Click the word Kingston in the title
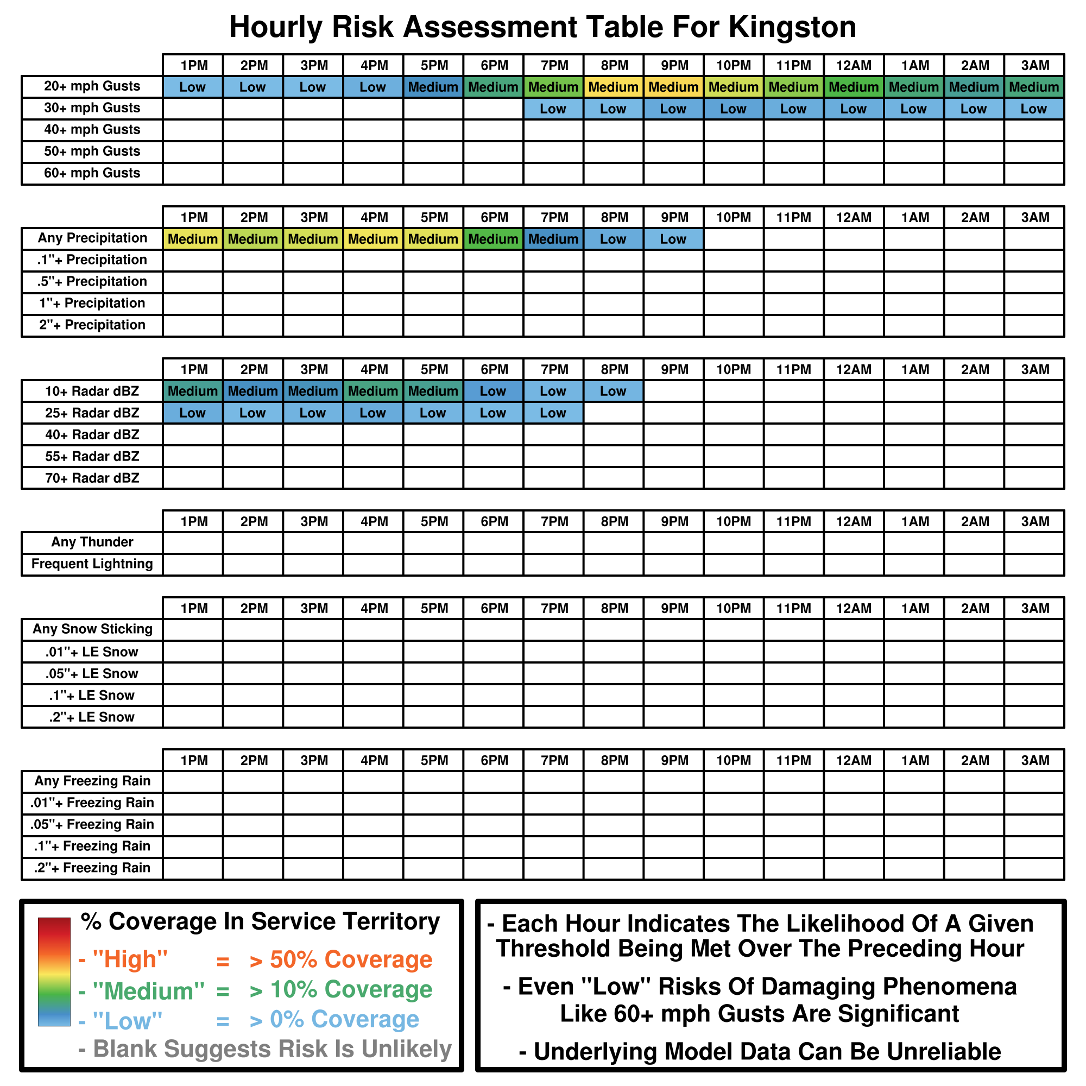coord(793,27)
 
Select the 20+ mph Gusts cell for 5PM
coord(433,87)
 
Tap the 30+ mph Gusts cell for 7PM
coord(553,109)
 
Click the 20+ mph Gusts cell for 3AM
coord(1034,87)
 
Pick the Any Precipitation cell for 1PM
coord(193,239)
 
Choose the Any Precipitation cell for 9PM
coord(673,239)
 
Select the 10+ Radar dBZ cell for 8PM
coord(613,391)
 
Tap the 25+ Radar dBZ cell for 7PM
coord(553,413)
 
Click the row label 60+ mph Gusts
coord(92,173)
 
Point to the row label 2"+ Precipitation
coord(92,325)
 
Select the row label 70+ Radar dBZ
coord(92,478)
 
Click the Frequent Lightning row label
coord(92,564)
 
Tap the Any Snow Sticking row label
coord(92,629)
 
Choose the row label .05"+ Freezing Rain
coord(92,825)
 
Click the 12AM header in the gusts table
coord(854,66)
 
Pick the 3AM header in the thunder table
coord(1035,522)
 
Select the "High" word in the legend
coord(130,959)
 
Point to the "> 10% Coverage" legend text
coord(340,990)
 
